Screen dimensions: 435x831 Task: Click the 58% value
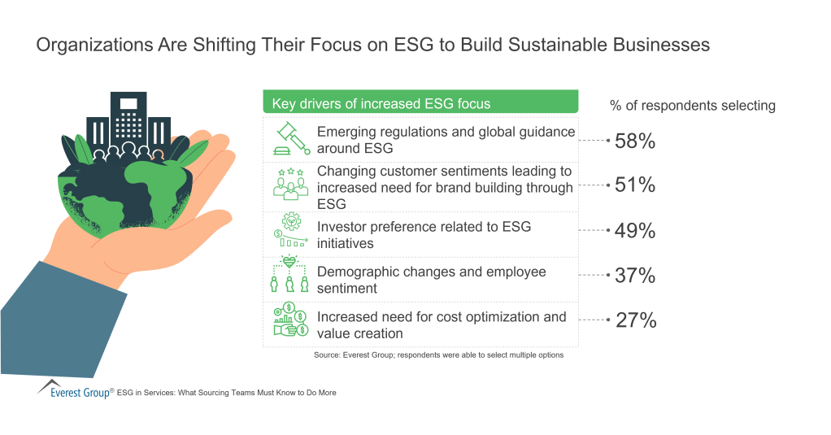[635, 141]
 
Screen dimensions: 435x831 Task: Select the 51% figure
[635, 185]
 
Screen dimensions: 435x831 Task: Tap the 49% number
[635, 231]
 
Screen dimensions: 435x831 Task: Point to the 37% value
[635, 276]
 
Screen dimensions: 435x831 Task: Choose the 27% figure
[635, 320]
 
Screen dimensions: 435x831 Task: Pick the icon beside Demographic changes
[290, 275]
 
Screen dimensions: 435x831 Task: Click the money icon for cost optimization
[290, 320]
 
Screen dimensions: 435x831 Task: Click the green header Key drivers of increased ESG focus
[420, 103]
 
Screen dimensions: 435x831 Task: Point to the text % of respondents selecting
[692, 106]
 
